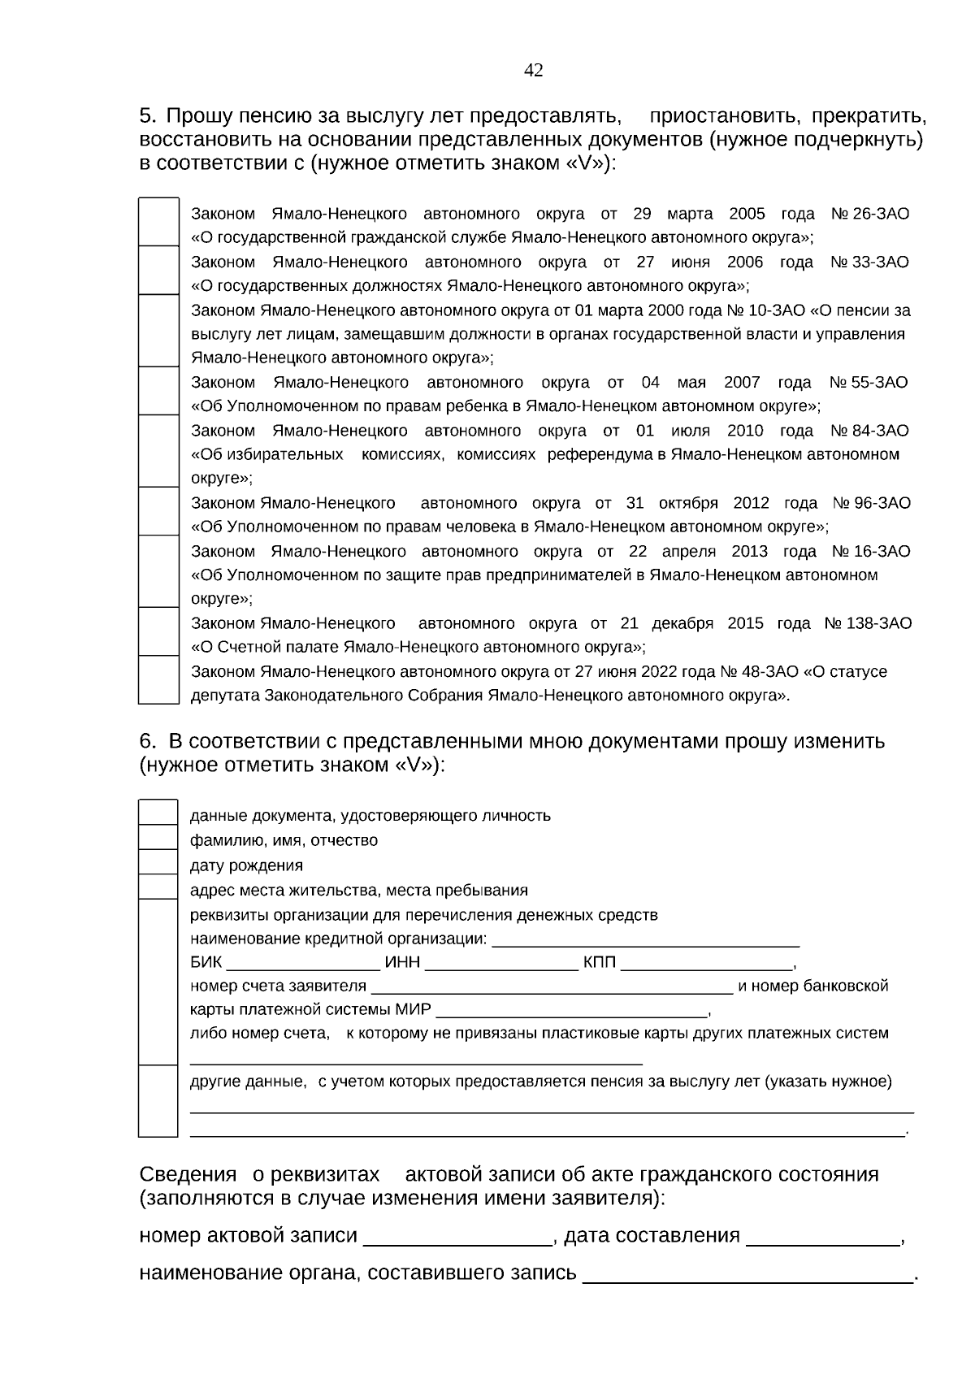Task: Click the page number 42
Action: (533, 71)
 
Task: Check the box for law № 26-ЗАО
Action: (158, 221)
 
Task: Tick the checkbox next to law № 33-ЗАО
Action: (158, 270)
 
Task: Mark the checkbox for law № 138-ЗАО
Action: (158, 631)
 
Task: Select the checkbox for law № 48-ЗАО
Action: (158, 679)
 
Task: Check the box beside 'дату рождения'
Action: (158, 861)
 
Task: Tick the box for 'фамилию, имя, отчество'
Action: (158, 837)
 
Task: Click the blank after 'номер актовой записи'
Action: (457, 1238)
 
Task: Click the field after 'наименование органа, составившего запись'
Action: (747, 1275)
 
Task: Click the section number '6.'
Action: (147, 741)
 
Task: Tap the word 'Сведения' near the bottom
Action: (188, 1175)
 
